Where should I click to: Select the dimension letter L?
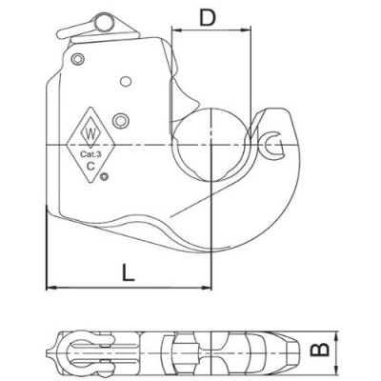[x=127, y=271]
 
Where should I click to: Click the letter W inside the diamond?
[x=91, y=130]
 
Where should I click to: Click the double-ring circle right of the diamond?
[x=120, y=118]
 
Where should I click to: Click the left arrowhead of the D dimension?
[x=175, y=30]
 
